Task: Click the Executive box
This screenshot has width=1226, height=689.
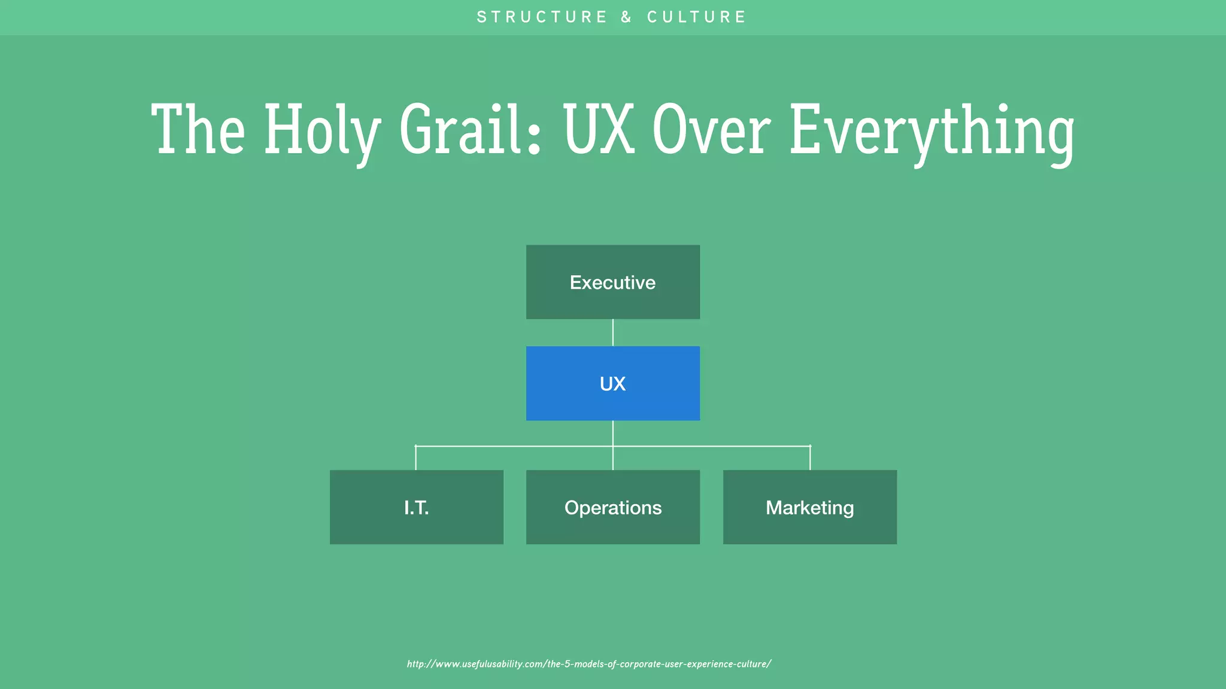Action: [612, 282]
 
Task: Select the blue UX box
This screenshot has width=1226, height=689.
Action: [612, 383]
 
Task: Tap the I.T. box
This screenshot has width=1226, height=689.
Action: [416, 507]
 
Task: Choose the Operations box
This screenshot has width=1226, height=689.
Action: [612, 507]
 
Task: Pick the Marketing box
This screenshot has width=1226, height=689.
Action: [809, 507]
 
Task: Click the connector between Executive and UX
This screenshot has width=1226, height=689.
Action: [612, 333]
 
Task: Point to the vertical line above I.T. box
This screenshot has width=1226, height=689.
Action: [415, 458]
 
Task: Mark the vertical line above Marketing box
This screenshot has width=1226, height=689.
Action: [810, 458]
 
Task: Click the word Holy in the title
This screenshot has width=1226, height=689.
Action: [322, 130]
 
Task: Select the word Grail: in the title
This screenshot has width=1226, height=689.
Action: [471, 130]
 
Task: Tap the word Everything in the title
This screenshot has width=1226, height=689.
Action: [931, 130]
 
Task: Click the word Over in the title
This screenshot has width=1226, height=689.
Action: [711, 130]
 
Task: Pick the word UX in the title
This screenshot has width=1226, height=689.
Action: [598, 130]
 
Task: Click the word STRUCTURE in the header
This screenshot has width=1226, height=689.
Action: [542, 17]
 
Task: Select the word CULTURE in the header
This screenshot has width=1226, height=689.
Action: [696, 17]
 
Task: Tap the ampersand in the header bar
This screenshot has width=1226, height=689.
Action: [626, 17]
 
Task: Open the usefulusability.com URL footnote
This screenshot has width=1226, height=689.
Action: [589, 664]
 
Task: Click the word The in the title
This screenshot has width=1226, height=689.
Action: [198, 130]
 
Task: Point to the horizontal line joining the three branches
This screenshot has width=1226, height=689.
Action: [515, 446]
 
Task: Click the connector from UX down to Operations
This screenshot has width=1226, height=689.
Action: [612, 458]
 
